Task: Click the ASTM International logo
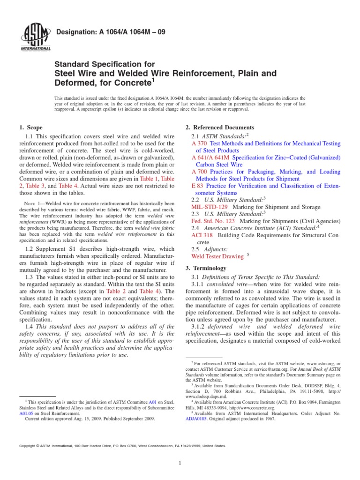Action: [x=36, y=36]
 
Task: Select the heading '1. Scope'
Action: [x=30, y=127]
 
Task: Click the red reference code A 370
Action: [x=200, y=143]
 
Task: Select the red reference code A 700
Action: [x=200, y=172]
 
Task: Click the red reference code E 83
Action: [x=198, y=186]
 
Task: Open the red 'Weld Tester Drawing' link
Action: [x=217, y=256]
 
